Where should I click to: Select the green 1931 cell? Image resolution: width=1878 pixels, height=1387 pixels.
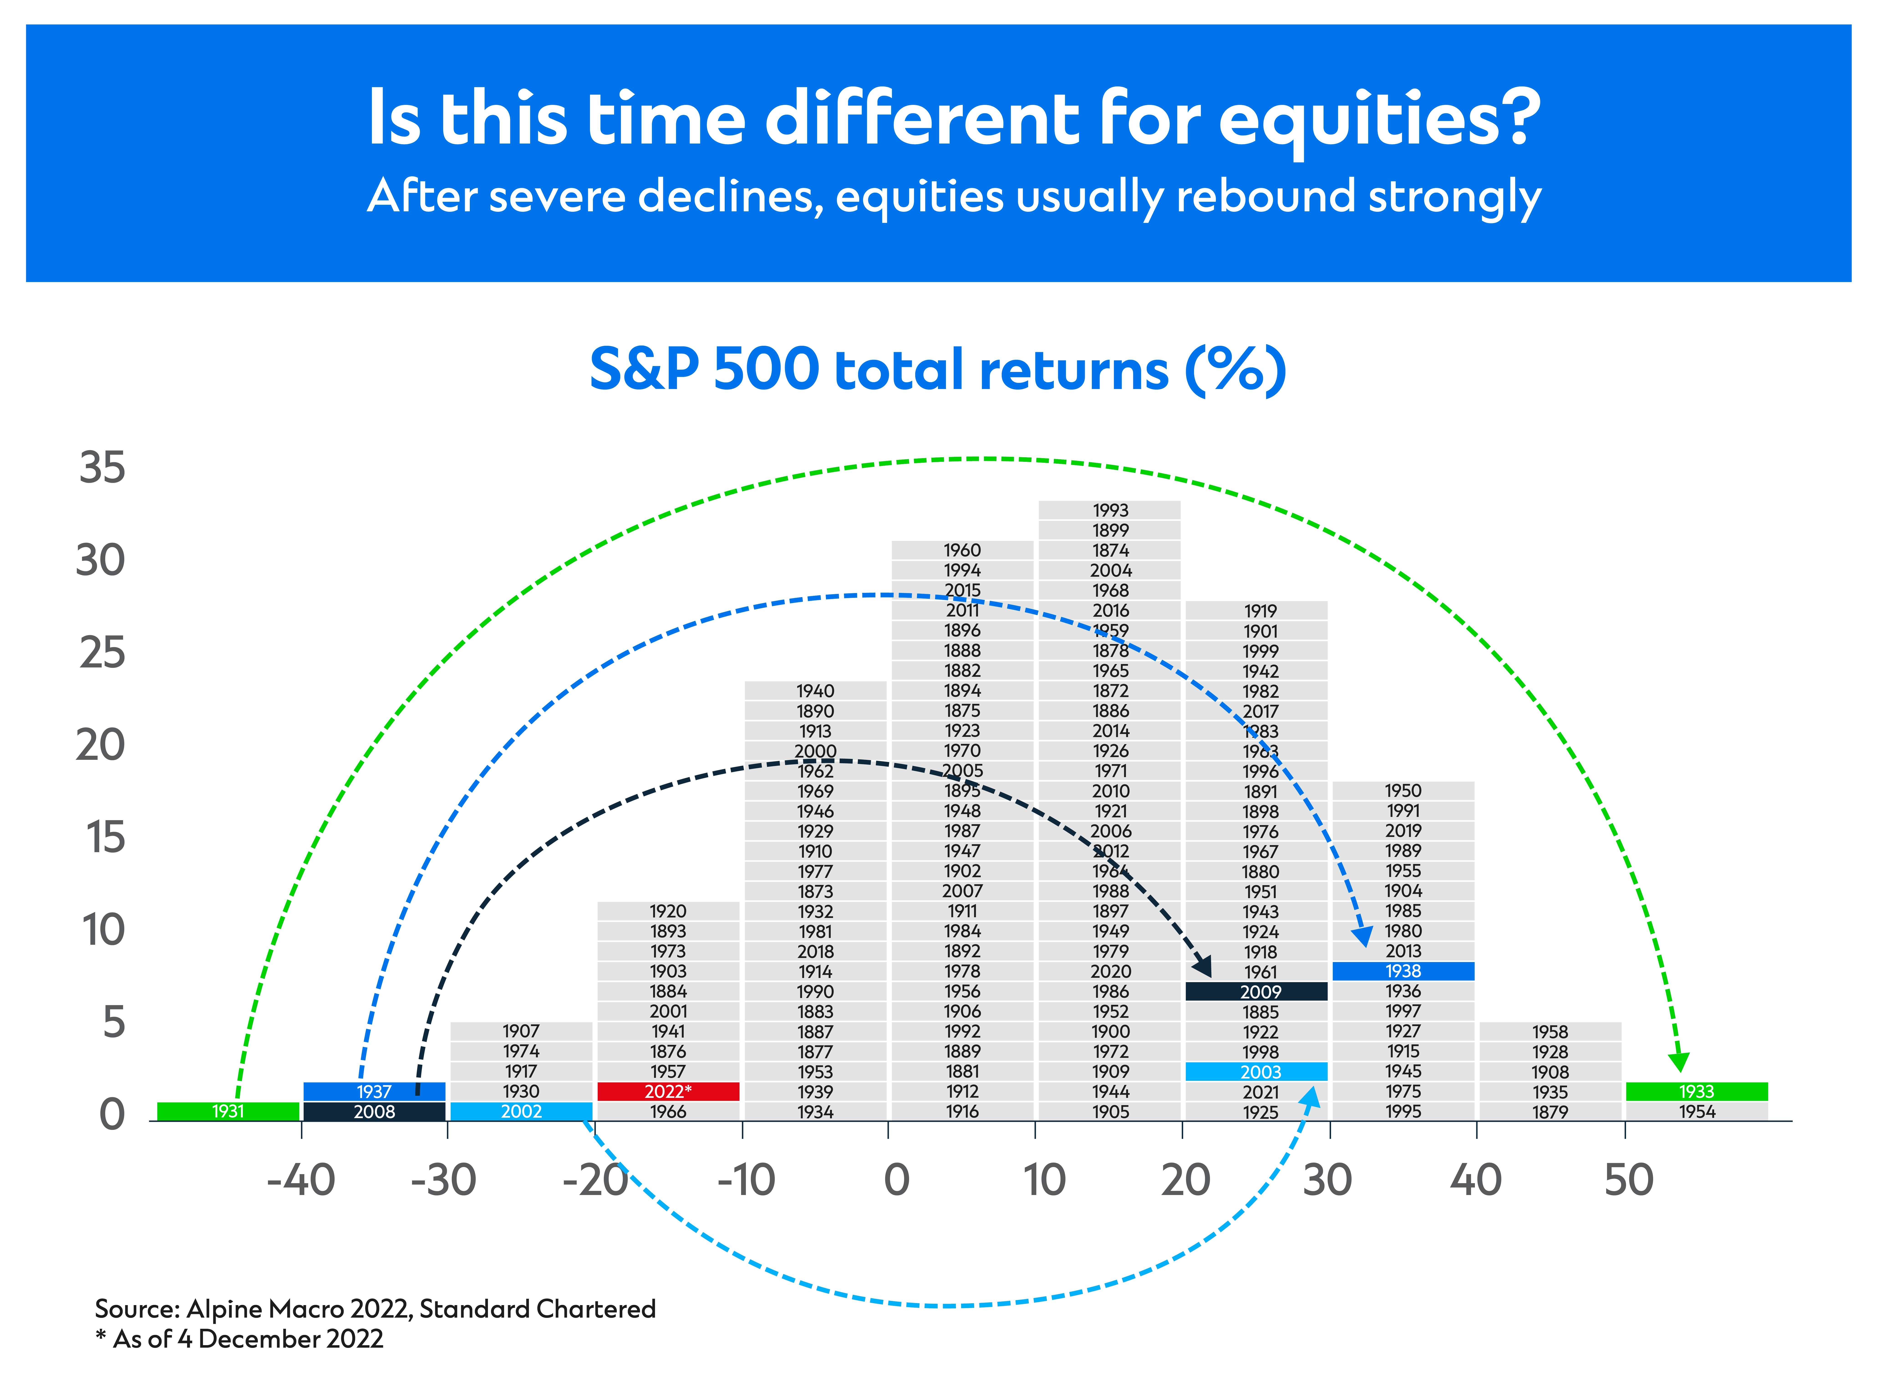coord(228,1111)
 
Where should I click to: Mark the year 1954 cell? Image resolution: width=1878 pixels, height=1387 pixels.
coord(1698,1111)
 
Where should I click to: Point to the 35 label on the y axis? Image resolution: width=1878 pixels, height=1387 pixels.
coord(102,468)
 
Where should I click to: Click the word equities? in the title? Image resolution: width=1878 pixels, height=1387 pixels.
coord(1380,120)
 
